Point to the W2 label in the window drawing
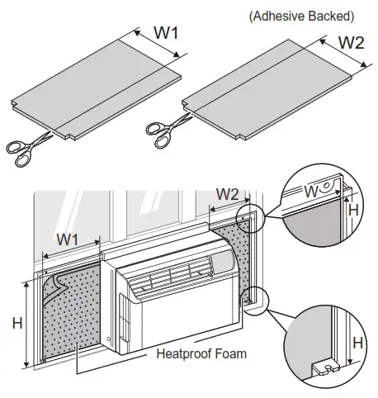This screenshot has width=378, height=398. pyautogui.click(x=229, y=197)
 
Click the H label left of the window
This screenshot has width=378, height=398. pyautogui.click(x=17, y=323)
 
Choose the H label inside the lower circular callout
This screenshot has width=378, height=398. pyautogui.click(x=358, y=342)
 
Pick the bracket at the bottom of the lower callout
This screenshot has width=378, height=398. pyautogui.click(x=324, y=363)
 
